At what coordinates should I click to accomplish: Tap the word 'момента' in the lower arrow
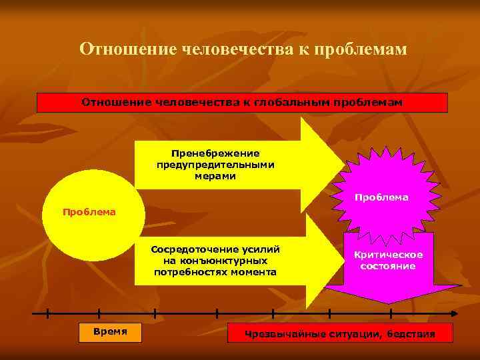click(254, 272)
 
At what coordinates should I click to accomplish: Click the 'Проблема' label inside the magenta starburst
click(381, 197)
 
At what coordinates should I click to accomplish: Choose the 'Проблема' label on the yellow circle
click(89, 212)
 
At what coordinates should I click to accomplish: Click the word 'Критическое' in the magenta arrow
click(388, 255)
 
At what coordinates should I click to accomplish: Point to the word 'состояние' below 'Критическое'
click(388, 266)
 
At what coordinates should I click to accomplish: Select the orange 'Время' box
click(110, 332)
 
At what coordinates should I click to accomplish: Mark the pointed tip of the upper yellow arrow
click(345, 165)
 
